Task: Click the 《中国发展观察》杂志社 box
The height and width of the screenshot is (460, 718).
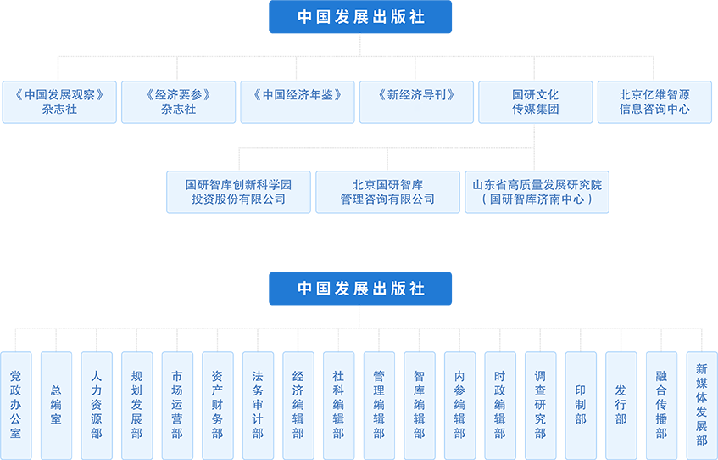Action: click(x=59, y=102)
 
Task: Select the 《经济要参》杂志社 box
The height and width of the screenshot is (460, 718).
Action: click(x=178, y=102)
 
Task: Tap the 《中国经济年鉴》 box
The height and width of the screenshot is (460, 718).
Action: click(x=297, y=102)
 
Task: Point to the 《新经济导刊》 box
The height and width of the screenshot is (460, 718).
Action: click(x=415, y=102)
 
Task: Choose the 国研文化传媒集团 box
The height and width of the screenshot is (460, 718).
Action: click(x=535, y=102)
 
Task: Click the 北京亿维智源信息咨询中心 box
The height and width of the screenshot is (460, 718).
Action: click(x=654, y=102)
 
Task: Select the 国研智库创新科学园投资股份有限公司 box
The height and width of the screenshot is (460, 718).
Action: click(x=238, y=192)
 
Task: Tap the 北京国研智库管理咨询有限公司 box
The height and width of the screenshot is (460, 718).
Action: click(x=387, y=192)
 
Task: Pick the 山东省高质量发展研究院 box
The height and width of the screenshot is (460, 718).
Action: click(x=537, y=192)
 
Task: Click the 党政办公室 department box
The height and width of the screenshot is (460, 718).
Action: click(x=15, y=406)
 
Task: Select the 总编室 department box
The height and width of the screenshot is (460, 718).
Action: click(x=56, y=406)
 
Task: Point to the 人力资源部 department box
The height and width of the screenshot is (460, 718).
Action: click(x=97, y=406)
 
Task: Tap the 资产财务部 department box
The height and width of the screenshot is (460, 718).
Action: click(x=218, y=406)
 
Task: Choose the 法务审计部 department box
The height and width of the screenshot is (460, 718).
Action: click(x=258, y=406)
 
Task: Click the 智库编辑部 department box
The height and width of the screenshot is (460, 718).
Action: click(x=420, y=406)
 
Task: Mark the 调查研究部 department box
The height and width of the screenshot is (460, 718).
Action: click(x=541, y=406)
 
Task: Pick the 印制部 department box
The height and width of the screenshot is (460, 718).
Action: click(x=581, y=406)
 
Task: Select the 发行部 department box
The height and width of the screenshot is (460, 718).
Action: click(x=621, y=406)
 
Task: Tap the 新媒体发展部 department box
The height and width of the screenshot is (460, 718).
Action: click(x=702, y=406)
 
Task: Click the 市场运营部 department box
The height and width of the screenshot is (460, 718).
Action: click(x=177, y=406)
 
